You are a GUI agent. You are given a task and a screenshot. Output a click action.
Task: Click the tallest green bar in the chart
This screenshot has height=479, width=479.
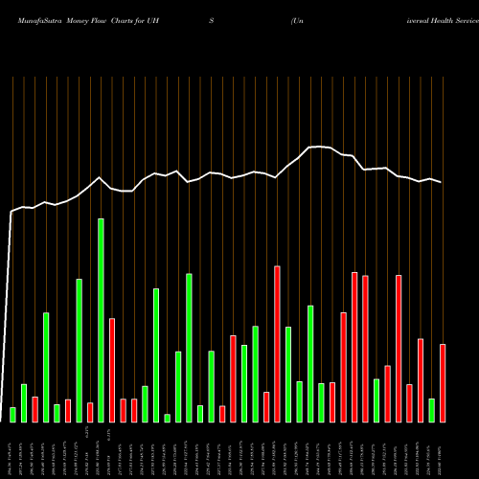[x=101, y=320]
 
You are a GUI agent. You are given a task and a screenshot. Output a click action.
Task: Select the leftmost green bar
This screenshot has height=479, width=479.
[x=12, y=414]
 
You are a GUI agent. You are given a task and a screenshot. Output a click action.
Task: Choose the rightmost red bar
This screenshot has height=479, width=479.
[x=443, y=383]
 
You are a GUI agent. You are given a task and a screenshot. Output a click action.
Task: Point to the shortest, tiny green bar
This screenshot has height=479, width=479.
[x=167, y=418]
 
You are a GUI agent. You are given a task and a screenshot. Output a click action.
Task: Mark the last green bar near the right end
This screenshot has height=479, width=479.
[x=431, y=410]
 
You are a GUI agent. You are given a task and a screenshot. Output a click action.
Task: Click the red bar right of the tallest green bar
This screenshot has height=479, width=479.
[x=112, y=370]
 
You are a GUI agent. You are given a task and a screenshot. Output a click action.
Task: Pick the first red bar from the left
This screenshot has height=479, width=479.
[x=34, y=409]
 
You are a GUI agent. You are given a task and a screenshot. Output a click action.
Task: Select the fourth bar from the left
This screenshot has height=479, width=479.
[x=46, y=367]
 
